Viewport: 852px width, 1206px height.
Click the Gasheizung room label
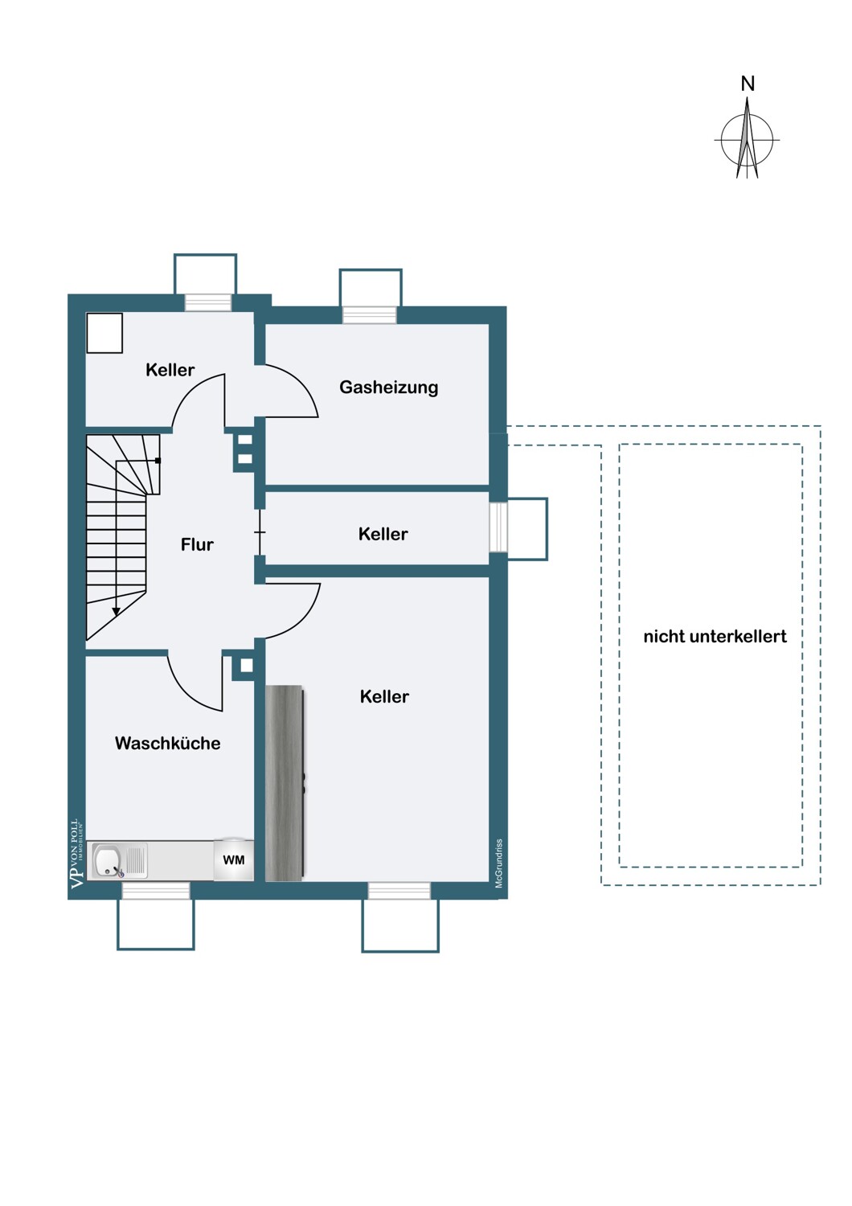pyautogui.click(x=388, y=388)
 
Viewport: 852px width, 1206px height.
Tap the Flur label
pyautogui.click(x=197, y=544)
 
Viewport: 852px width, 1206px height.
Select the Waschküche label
pyautogui.click(x=168, y=743)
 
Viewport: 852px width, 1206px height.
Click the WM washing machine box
pyautogui.click(x=234, y=859)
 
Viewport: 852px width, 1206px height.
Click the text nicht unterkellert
pyautogui.click(x=715, y=637)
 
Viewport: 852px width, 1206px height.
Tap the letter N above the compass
pyautogui.click(x=748, y=84)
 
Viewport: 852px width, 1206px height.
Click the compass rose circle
pyautogui.click(x=747, y=140)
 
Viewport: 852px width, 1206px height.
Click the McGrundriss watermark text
pyautogui.click(x=499, y=863)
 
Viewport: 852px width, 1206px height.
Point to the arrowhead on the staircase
pyautogui.click(x=116, y=611)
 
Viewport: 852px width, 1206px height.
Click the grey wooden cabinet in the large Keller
pyautogui.click(x=285, y=783)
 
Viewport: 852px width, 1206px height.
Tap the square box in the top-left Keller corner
pyautogui.click(x=104, y=334)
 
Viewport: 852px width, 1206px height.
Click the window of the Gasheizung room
pyautogui.click(x=370, y=315)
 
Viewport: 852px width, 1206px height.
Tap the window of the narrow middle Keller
pyautogui.click(x=498, y=527)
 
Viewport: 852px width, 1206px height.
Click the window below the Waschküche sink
pyautogui.click(x=156, y=891)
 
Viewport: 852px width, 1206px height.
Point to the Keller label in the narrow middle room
pyautogui.click(x=383, y=534)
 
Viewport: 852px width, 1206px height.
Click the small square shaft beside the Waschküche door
pyautogui.click(x=246, y=666)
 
